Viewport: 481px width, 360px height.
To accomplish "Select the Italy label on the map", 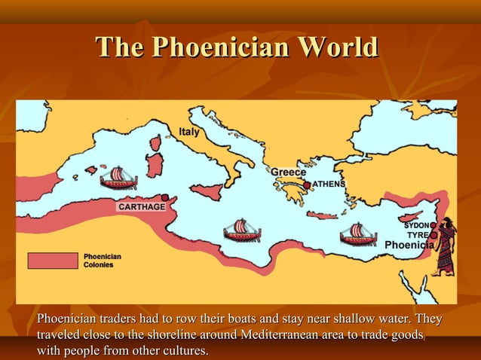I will click(x=189, y=133).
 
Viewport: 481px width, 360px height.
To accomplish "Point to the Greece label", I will click(x=289, y=172).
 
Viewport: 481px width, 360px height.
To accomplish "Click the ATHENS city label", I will click(x=329, y=185).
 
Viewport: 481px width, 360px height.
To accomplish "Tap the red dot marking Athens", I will click(x=307, y=185).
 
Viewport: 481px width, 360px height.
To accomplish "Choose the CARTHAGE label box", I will click(x=140, y=206).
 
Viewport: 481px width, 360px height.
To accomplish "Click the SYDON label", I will click(x=416, y=225).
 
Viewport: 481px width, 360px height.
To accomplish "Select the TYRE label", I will click(x=418, y=235).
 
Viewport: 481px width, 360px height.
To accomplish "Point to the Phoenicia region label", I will click(x=409, y=246).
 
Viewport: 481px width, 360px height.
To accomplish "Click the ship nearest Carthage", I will click(x=118, y=178).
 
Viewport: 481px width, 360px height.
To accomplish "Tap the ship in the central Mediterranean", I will click(x=242, y=230).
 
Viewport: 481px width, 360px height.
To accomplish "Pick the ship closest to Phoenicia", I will click(x=358, y=234).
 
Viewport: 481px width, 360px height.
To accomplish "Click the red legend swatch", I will click(x=53, y=261).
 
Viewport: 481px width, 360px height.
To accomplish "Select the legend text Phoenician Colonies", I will click(x=102, y=261).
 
